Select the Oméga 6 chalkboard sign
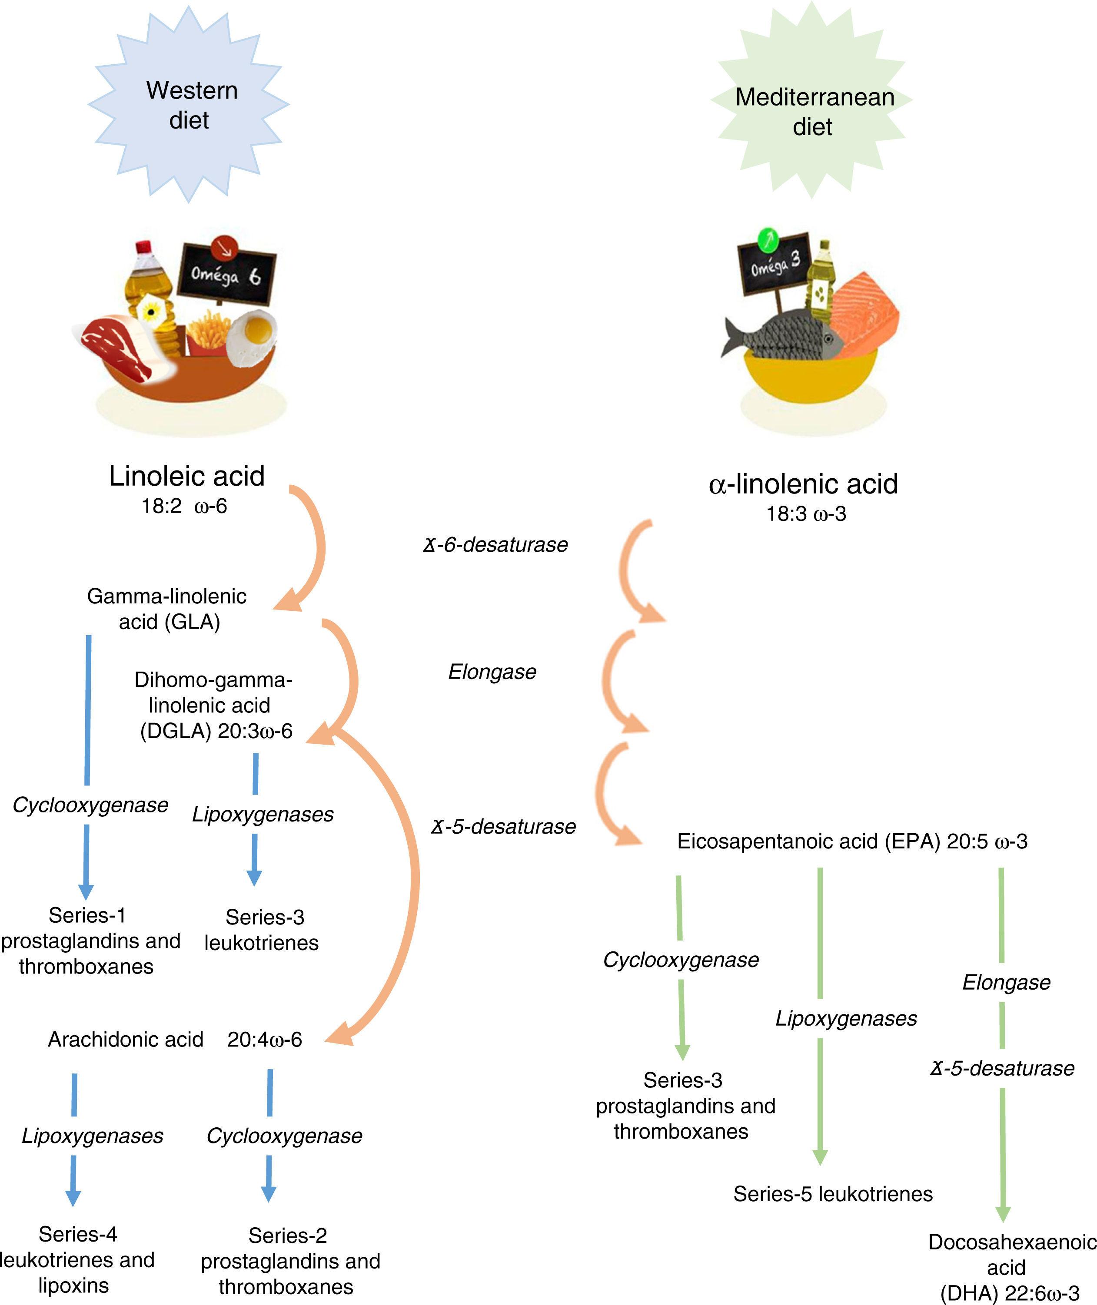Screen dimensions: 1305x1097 227,273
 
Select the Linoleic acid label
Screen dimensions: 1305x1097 186,477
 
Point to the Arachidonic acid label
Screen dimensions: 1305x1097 126,1040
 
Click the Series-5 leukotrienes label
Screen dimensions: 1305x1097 833,1194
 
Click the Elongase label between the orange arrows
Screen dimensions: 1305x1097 492,672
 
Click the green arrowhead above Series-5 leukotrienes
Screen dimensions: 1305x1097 820,1157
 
